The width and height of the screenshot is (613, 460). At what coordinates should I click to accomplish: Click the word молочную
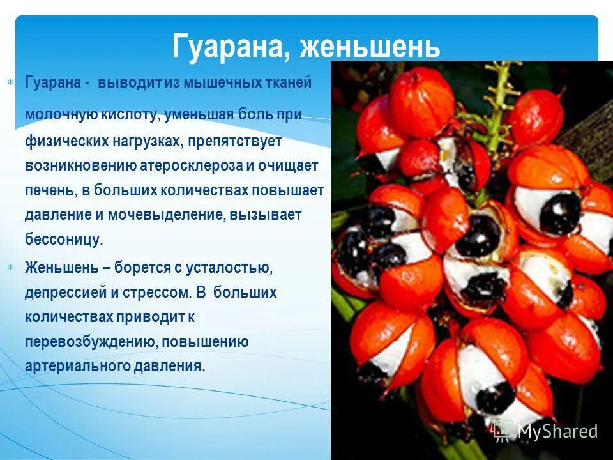61,114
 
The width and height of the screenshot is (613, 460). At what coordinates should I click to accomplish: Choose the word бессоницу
64,240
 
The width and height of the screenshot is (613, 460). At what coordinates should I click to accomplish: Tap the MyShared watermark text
557,431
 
